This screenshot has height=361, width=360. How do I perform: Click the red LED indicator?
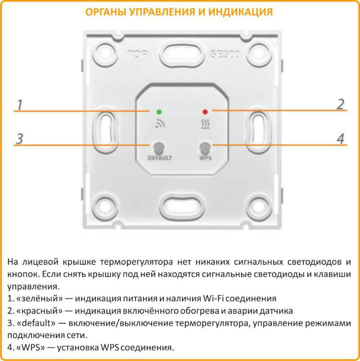205,111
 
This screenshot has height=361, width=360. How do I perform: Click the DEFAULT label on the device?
160,158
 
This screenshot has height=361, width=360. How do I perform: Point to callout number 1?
19,104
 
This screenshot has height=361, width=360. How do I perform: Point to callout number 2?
340,104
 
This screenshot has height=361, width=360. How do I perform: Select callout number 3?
19,138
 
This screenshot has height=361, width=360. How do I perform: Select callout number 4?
341,138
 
